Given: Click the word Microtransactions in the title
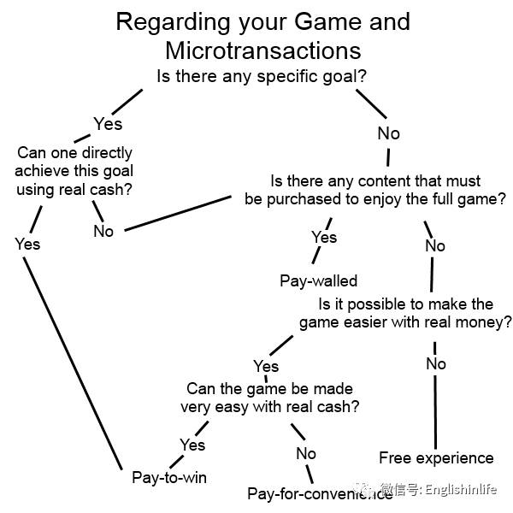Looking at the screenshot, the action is [262, 49].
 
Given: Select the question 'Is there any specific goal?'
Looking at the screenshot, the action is [262, 76].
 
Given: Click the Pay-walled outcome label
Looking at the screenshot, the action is [318, 280].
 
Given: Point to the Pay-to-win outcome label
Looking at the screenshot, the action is [169, 477].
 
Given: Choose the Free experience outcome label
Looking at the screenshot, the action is [436, 457].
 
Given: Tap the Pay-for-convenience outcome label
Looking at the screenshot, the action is [319, 493].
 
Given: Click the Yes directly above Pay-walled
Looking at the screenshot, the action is [324, 237].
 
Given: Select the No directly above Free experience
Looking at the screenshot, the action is [436, 363].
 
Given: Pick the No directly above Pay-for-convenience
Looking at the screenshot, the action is [306, 453].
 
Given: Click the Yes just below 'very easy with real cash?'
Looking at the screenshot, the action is [192, 445].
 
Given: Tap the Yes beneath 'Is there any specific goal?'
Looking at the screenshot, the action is [108, 124].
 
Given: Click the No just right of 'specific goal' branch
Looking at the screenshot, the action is [388, 133].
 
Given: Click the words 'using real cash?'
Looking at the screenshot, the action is [75, 190].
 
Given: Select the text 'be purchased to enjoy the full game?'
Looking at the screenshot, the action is [374, 200].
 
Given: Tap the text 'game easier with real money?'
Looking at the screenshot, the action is [405, 322].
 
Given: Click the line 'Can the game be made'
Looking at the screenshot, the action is [269, 388].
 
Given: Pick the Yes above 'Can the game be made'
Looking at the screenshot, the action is [266, 366].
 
